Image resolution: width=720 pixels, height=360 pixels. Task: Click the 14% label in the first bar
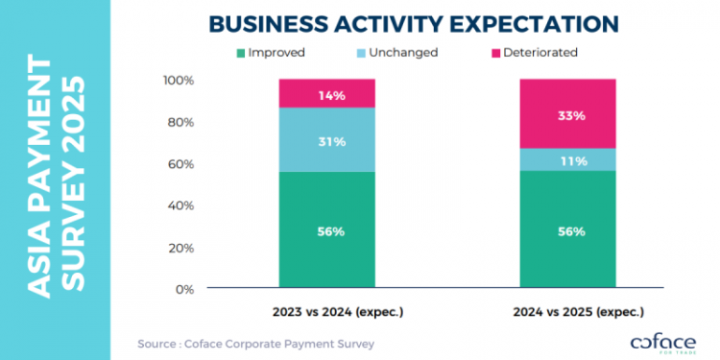click(326, 95)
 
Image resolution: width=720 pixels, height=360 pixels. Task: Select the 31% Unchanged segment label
click(326, 142)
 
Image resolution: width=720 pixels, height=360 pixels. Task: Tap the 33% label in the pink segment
click(567, 115)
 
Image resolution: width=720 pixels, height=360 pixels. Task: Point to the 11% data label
click(567, 161)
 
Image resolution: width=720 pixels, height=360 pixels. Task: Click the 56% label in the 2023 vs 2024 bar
click(326, 230)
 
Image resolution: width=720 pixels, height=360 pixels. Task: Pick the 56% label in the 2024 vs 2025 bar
click(567, 230)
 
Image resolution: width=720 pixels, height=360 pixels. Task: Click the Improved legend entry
click(270, 52)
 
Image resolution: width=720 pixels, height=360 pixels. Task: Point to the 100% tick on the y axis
click(179, 80)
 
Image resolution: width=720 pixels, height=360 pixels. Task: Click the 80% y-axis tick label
click(180, 122)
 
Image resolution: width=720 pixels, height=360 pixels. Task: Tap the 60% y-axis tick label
click(180, 164)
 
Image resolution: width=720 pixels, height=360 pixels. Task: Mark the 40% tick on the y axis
click(180, 205)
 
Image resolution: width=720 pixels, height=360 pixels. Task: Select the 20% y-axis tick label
click(180, 248)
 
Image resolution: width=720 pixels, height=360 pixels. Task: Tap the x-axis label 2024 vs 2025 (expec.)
click(567, 312)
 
